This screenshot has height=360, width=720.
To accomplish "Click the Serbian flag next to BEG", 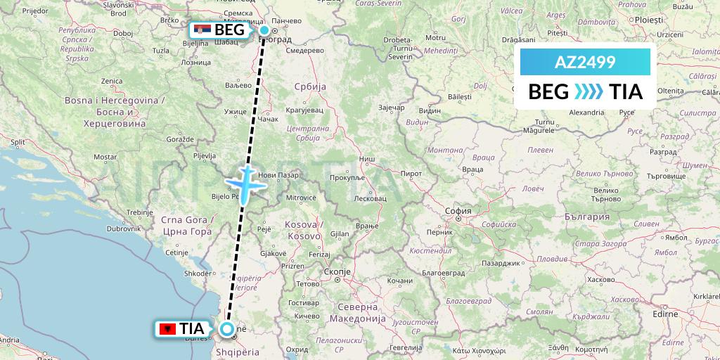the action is [202, 30].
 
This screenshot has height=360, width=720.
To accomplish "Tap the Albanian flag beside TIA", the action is [167, 328].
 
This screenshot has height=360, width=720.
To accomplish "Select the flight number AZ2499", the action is [585, 63].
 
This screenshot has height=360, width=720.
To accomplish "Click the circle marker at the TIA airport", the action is [227, 328].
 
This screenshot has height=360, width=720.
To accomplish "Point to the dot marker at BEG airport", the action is [264, 30].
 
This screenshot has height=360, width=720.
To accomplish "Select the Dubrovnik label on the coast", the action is [124, 229].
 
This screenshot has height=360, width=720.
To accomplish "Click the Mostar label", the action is [105, 156].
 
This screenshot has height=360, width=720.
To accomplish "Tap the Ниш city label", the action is [366, 160].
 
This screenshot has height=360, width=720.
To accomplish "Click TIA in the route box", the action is [626, 92].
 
